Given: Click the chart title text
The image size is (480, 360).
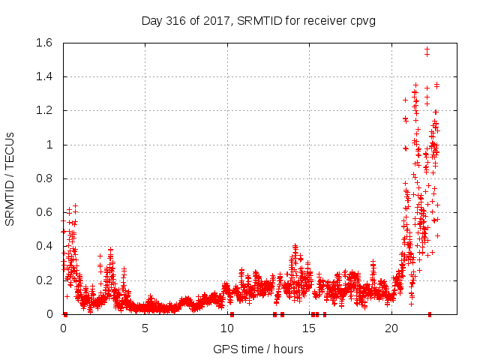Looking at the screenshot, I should (259, 20).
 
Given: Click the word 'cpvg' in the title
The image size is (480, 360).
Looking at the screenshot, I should (361, 20).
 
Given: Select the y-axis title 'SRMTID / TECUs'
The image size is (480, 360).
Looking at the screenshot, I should (10, 178).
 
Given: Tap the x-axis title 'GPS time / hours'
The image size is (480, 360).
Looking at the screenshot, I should (258, 349).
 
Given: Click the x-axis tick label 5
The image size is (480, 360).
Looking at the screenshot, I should (145, 328).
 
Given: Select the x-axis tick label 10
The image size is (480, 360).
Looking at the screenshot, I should (227, 328).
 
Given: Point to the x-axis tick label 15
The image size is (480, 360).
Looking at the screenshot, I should (309, 328).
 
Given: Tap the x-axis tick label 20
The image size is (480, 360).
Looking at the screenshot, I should (391, 328).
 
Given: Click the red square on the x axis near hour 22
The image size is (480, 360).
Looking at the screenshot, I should (430, 314).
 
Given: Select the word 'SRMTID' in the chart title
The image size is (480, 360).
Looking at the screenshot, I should (262, 20).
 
